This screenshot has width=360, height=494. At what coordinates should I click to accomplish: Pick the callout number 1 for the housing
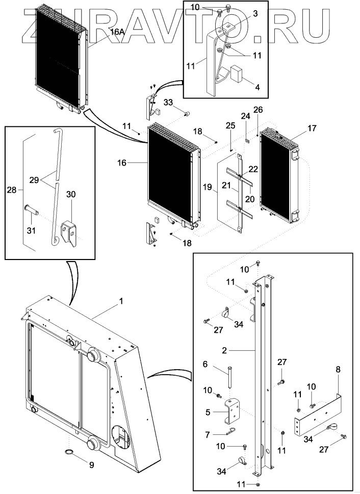coord(121,301)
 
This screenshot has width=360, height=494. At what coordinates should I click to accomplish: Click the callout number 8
coord(337,368)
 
